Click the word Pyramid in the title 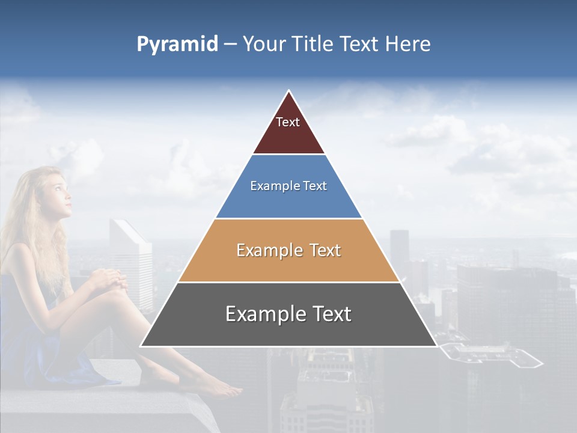coord(177,45)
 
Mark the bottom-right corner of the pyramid coord(436,345)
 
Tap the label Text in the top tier coord(288,122)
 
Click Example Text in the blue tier coord(288,186)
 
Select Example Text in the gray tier coord(288,314)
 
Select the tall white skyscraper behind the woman coord(130,259)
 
